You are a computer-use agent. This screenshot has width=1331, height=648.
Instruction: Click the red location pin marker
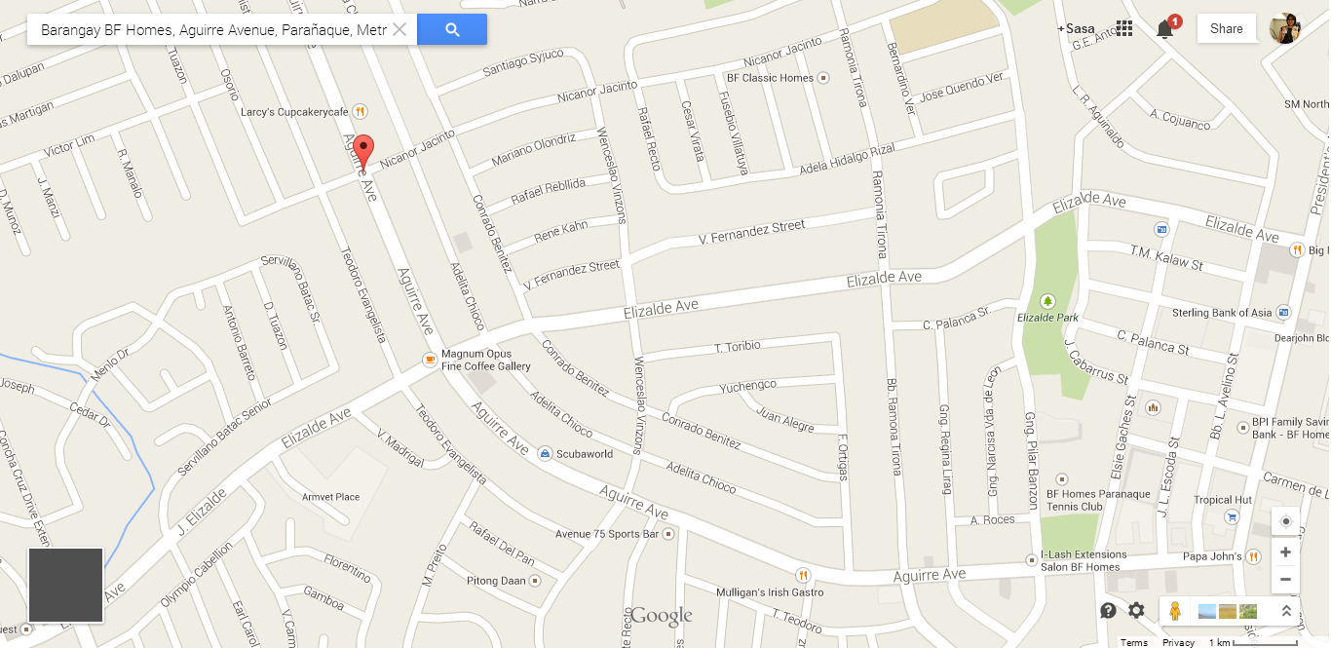[x=363, y=152]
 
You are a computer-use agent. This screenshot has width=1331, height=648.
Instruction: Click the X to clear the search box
[x=399, y=29]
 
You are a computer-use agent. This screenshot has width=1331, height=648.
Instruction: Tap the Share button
[x=1226, y=28]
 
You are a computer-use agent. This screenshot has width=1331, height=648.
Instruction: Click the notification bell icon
[x=1164, y=29]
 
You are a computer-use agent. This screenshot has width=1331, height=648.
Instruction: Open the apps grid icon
[x=1124, y=28]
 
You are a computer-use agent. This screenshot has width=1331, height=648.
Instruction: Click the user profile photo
[x=1284, y=29]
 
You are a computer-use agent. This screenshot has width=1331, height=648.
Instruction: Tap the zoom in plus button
[x=1285, y=553]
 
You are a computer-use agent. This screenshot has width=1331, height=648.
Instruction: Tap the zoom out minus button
[x=1285, y=579]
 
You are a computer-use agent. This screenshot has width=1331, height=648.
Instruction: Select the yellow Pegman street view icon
[x=1175, y=611]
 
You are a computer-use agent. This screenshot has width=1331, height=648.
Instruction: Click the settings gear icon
[x=1136, y=611]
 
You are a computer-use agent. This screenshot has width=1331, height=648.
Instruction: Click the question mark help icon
[x=1108, y=611]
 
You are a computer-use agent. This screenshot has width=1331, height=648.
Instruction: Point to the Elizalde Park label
[x=1047, y=318]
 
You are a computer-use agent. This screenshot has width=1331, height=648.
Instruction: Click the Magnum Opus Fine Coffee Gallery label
[x=485, y=360]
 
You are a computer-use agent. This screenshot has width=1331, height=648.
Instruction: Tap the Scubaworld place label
[x=583, y=454]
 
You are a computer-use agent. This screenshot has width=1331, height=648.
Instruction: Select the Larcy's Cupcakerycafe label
[x=294, y=112]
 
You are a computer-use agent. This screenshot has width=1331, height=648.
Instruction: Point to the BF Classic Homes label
[x=770, y=78]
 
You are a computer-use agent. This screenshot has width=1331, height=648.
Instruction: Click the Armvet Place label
[x=330, y=497]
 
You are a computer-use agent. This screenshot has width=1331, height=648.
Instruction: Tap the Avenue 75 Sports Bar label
[x=607, y=534]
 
